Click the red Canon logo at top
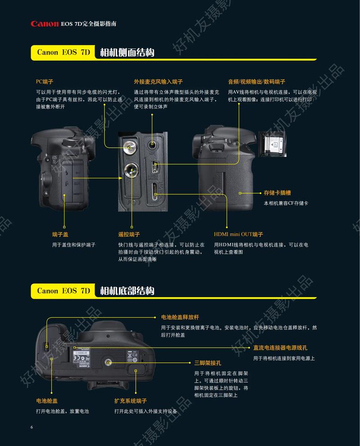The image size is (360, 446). [x=45, y=24]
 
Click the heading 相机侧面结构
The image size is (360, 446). [x=127, y=52]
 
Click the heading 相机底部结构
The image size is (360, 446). [x=127, y=291]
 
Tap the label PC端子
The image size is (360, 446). [x=45, y=82]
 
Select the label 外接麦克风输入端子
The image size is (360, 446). [x=158, y=82]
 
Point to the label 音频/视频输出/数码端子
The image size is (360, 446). [x=256, y=82]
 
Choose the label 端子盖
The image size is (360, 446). [x=60, y=234]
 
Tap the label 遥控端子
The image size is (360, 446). [x=129, y=234]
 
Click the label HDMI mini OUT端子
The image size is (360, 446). [x=238, y=234]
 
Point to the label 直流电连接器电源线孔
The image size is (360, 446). [x=280, y=348]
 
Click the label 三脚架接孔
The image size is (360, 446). [x=207, y=363]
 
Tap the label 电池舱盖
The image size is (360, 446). [x=47, y=400]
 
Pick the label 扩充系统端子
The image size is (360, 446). [x=130, y=400]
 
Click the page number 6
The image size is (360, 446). [x=31, y=427]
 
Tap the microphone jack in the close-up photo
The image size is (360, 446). [x=153, y=145]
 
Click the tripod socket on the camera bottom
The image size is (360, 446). [x=109, y=362]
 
